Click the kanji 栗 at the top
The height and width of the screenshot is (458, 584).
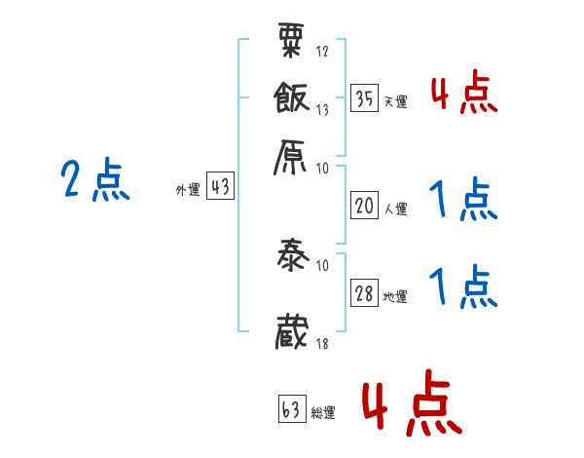(x=293, y=43)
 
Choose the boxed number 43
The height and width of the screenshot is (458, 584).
(x=221, y=188)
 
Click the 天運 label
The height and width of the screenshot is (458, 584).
(x=396, y=101)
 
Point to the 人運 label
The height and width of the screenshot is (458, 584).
(x=396, y=209)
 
